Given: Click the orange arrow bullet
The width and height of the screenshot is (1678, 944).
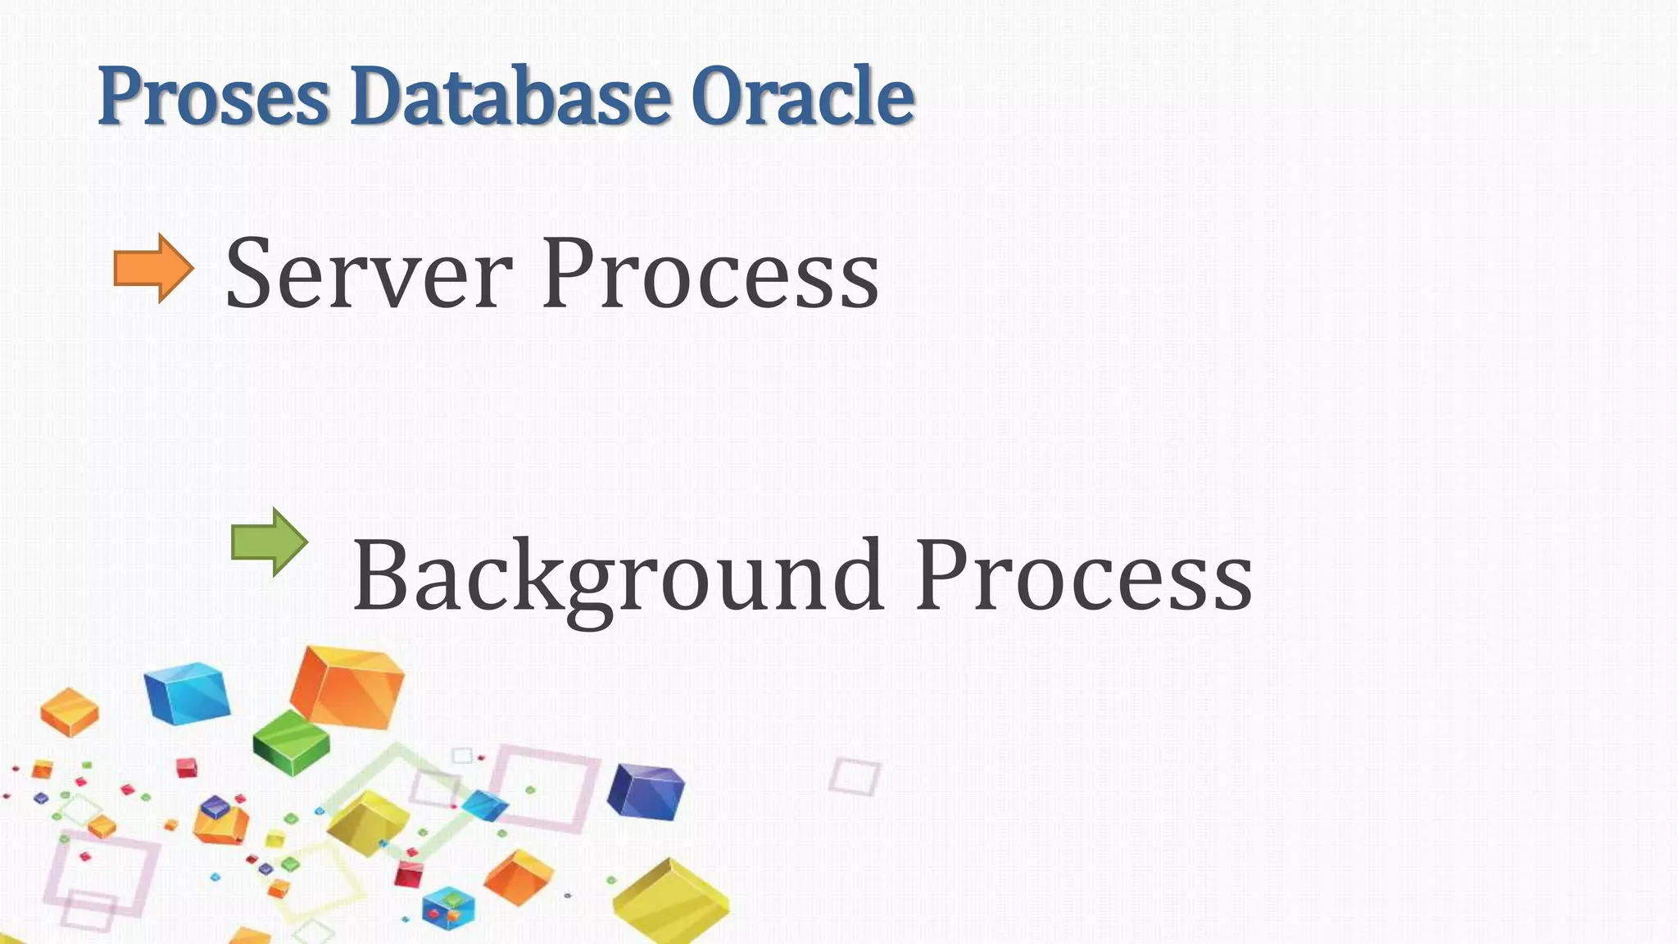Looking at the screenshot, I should pyautogui.click(x=153, y=268).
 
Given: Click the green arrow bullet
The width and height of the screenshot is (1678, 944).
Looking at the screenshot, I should pyautogui.click(x=270, y=542).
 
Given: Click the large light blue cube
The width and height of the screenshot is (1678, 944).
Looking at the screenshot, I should pyautogui.click(x=187, y=693).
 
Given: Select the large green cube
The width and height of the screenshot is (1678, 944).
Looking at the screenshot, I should pyautogui.click(x=291, y=742).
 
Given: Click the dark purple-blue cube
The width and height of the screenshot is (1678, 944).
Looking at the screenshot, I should pyautogui.click(x=646, y=791).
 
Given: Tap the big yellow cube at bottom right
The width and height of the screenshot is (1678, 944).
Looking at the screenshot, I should pyautogui.click(x=670, y=901).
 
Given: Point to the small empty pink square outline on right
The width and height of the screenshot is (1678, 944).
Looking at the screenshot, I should pyautogui.click(x=854, y=775).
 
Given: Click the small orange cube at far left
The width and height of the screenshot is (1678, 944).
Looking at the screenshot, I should pyautogui.click(x=70, y=711).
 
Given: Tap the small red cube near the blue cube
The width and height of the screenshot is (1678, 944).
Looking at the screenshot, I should pyautogui.click(x=188, y=768).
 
